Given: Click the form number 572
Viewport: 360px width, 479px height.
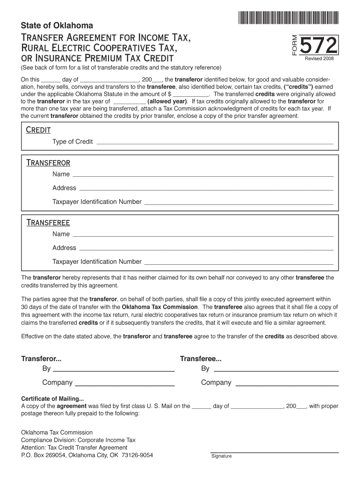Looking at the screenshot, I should (319, 46).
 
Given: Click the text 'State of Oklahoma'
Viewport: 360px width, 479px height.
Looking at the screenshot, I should (57, 25).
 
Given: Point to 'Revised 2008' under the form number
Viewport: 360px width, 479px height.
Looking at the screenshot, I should (319, 59).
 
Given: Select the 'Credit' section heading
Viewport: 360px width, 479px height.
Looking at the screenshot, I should (38, 130).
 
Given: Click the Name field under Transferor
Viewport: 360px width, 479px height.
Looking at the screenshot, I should (203, 175).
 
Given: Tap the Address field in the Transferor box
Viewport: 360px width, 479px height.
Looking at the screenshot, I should (206, 189).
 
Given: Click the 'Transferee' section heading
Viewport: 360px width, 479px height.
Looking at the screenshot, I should (48, 223).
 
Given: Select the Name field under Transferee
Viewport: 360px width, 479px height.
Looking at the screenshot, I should (203, 235).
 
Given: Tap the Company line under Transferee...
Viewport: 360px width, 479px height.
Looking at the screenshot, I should (287, 384).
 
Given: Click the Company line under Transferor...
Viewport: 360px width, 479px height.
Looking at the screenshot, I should (125, 384).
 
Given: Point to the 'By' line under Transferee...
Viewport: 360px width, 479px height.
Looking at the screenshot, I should (275, 370).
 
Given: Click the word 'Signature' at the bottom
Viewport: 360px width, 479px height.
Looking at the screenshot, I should (221, 457).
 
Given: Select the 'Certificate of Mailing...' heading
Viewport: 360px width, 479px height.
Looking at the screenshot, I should (53, 399).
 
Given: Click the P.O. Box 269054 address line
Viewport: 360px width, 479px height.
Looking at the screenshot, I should (87, 455).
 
